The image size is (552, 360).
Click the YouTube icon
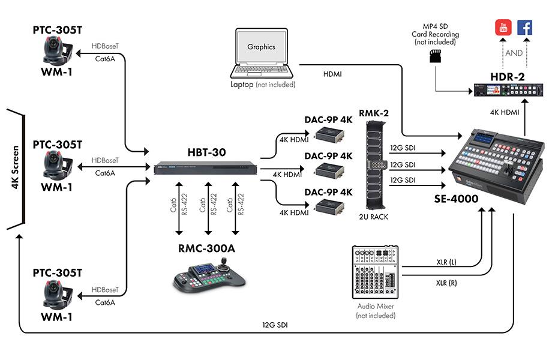pos(502,28)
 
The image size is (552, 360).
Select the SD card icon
pos(434,56)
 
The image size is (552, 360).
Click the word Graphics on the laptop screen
pos(261,46)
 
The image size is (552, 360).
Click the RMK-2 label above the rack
pos(374,112)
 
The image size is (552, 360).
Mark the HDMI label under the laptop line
pos(334,74)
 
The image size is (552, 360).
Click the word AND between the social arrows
pos(514,52)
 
